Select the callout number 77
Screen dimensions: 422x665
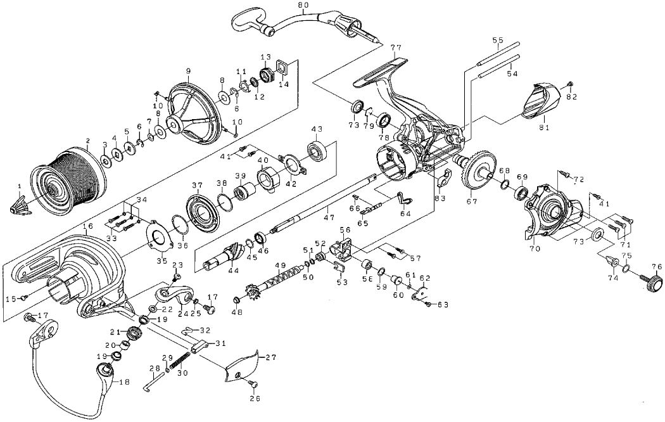396,48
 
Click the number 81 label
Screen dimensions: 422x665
543,127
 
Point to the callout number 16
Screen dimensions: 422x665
87,225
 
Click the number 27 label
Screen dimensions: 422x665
271,357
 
